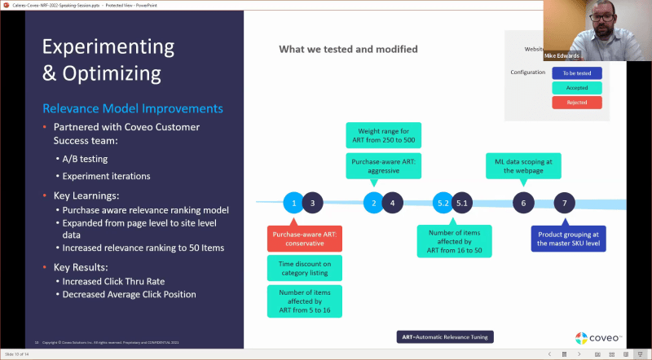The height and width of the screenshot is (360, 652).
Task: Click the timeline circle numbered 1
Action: pos(294,203)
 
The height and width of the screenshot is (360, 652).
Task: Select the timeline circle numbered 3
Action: pos(312,203)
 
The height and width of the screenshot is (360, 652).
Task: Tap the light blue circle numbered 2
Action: pos(373,203)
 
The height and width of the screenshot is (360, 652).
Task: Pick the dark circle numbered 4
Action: pos(392,203)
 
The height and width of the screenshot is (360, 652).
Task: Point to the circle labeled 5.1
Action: pos(463,203)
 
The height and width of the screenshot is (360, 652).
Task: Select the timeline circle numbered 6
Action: pos(524,203)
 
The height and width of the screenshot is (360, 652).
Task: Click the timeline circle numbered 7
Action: pos(565,203)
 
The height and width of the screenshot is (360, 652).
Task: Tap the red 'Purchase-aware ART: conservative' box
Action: pos(303,239)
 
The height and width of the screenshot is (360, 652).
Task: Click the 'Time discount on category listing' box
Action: pos(303,268)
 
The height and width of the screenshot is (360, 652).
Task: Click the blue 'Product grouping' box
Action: pos(568,239)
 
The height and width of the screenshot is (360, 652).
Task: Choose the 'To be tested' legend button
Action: pos(577,72)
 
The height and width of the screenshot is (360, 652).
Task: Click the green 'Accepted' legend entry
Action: pos(577,87)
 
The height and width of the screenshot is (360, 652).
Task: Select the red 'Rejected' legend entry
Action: pos(577,103)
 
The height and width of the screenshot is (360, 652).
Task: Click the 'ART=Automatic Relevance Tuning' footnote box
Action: pos(447,336)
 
